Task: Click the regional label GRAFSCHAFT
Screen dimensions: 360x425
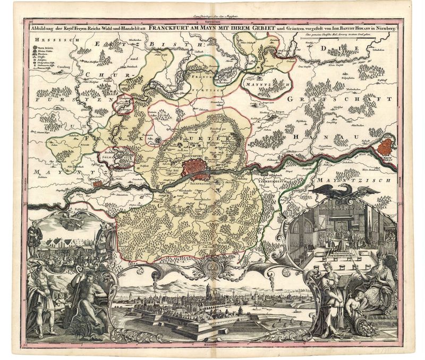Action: pyautogui.click(x=339, y=99)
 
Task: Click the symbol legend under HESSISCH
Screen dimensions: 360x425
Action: pyautogui.click(x=45, y=56)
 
